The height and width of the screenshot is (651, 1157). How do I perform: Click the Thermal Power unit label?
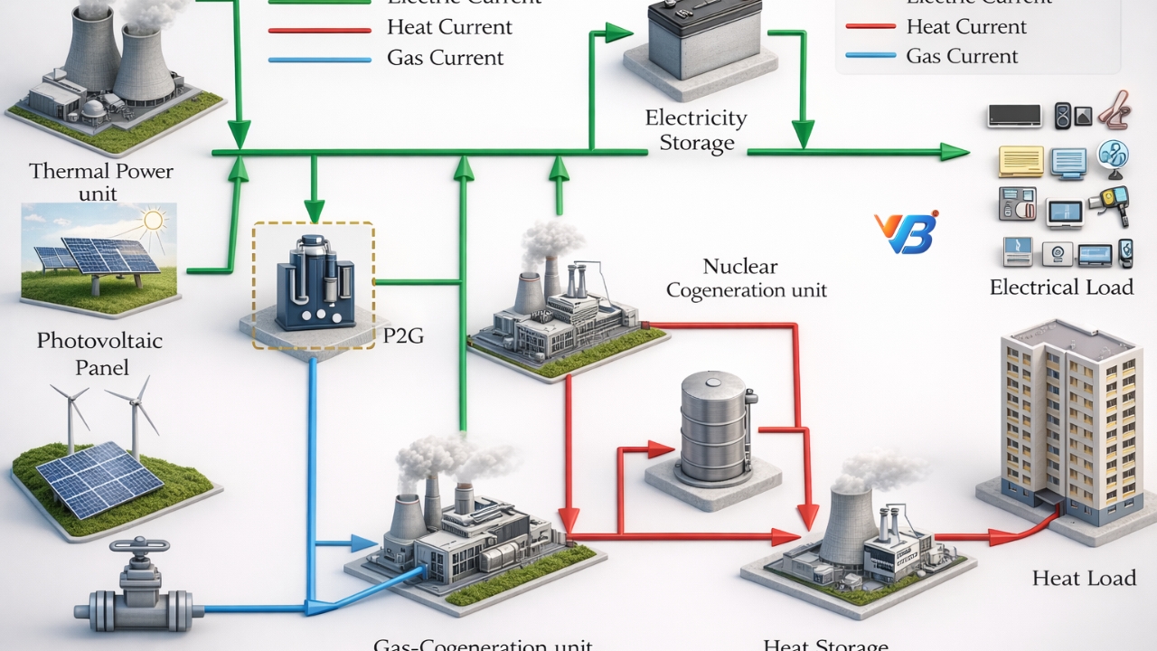coord(101,182)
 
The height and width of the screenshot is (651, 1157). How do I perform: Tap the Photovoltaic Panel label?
coord(99,354)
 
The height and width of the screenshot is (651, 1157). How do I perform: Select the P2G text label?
coord(404,337)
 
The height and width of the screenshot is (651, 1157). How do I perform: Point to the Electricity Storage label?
coord(696,130)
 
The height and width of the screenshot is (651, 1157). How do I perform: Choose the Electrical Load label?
coord(1061,288)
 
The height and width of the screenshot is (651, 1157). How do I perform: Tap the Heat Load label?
coord(1084,578)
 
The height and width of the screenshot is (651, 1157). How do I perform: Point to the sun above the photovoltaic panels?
coord(154,220)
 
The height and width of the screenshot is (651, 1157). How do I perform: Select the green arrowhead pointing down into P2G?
coord(314,212)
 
